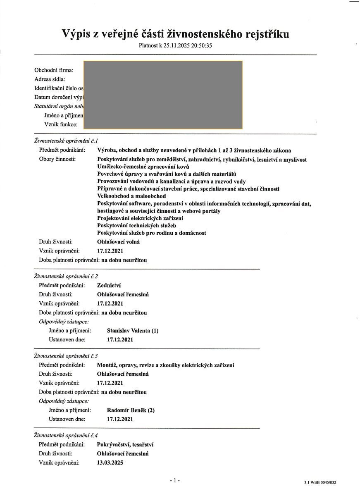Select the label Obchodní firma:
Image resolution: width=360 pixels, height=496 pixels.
tap(54, 70)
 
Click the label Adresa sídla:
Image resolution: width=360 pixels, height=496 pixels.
tap(50, 79)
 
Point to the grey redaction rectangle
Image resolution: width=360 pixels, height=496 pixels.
tap(163, 95)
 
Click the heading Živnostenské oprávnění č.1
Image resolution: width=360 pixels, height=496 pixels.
tap(66, 141)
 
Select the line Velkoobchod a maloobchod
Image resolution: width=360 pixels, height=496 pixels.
tap(131, 196)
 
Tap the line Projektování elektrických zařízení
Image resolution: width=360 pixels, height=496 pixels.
tap(140, 218)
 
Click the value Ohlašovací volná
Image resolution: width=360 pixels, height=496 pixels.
tap(118, 242)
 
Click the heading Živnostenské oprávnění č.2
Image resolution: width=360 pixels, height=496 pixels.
tap(66, 276)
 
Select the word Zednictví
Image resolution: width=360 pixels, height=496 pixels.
tap(109, 286)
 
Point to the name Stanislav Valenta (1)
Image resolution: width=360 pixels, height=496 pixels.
tap(132, 331)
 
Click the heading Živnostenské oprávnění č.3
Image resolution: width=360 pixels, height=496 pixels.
tap(66, 356)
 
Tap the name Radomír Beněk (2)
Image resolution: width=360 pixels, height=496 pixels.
tap(131, 410)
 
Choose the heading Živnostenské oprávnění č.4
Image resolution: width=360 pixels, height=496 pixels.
tap(66, 435)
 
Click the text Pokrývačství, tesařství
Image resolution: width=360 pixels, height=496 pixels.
tap(126, 445)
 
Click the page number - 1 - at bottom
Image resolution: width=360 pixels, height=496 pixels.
tap(175, 480)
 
